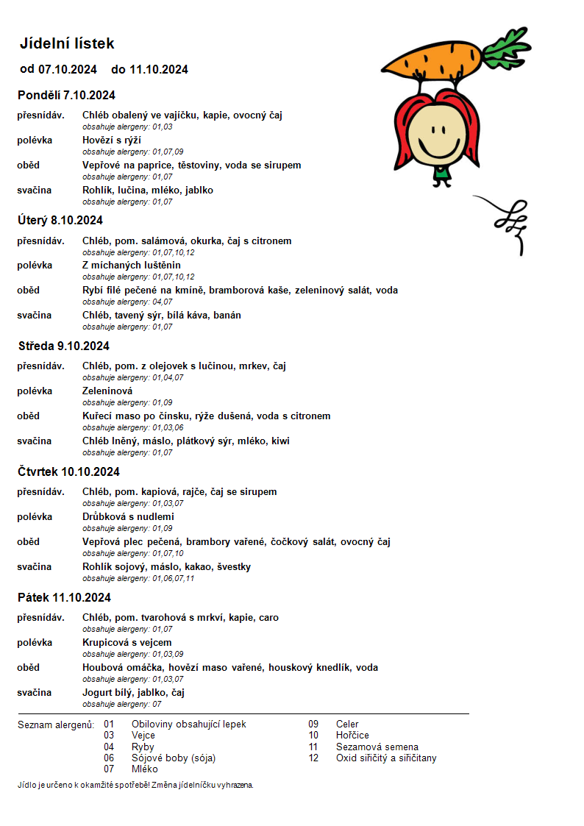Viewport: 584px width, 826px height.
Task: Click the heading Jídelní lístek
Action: click(67, 44)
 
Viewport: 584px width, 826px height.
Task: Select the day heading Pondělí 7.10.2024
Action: click(66, 95)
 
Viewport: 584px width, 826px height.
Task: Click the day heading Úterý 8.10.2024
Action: click(60, 220)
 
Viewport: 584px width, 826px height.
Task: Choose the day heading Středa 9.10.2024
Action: click(63, 346)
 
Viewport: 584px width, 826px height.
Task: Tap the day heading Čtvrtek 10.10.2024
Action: click(68, 471)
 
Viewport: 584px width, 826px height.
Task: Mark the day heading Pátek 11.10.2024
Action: click(64, 597)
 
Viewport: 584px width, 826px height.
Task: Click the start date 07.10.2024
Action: click(68, 70)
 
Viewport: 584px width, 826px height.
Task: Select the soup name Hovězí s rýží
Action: click(112, 140)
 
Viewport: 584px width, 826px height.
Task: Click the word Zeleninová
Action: click(107, 391)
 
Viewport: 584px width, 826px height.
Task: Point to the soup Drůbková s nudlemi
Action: click(128, 516)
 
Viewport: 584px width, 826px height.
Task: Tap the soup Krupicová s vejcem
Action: click(127, 642)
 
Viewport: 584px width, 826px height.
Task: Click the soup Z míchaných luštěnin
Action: click(132, 265)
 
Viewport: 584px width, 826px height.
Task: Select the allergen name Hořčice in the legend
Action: click(352, 736)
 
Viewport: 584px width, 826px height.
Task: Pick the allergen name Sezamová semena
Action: click(377, 747)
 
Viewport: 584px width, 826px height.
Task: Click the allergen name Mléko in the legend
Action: click(145, 769)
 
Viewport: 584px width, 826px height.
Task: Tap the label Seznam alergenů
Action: click(56, 724)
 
